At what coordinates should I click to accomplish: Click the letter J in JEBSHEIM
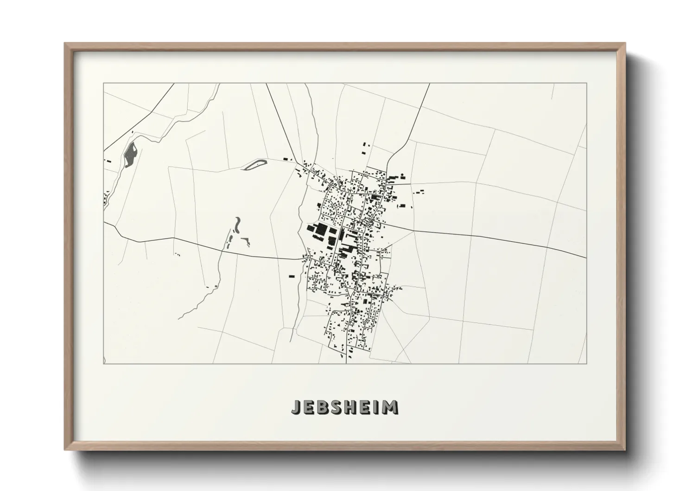click(x=295, y=407)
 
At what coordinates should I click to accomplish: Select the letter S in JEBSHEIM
click(x=335, y=407)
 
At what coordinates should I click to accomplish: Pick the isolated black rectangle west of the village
click(x=292, y=276)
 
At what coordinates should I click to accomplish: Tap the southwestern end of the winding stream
click(x=178, y=319)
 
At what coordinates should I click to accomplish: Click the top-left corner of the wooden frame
click(x=65, y=44)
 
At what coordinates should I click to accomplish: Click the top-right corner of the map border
click(x=586, y=84)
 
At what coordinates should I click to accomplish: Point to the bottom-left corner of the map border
click(x=103, y=363)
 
